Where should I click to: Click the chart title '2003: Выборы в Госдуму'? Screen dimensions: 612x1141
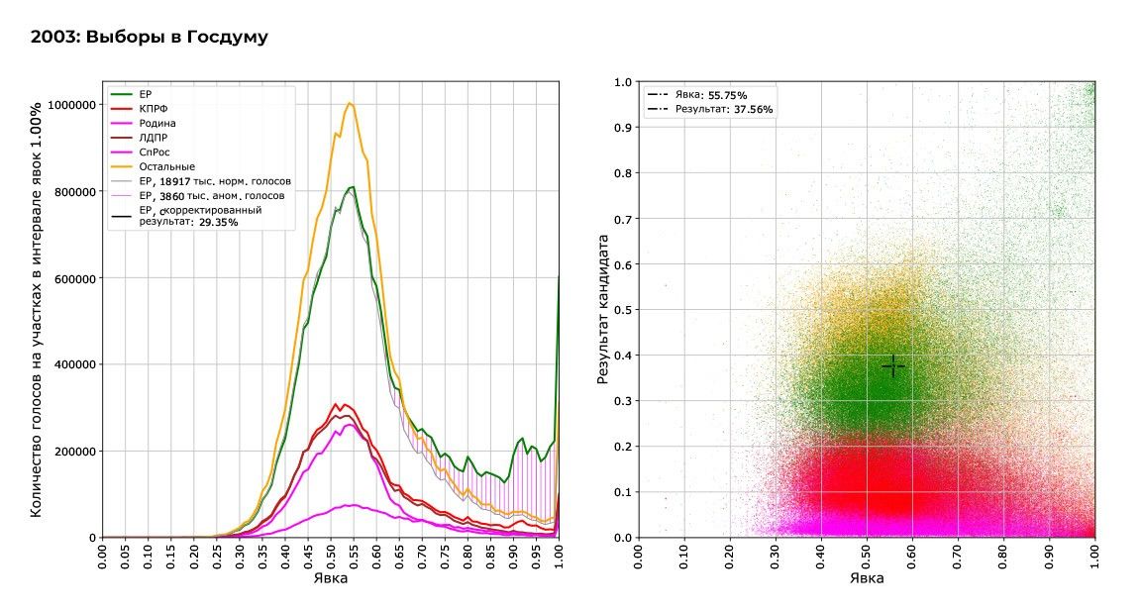point(150,38)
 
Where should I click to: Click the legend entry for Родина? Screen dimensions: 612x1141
point(158,124)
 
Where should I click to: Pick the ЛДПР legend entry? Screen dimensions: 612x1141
point(155,138)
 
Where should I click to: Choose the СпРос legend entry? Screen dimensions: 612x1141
point(156,153)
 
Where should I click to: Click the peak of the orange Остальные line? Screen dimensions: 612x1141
point(349,103)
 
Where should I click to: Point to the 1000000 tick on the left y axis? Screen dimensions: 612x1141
point(69,105)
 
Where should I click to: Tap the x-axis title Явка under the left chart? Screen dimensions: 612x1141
point(329,579)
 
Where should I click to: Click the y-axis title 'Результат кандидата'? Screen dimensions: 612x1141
point(601,310)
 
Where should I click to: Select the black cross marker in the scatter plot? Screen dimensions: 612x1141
point(892,366)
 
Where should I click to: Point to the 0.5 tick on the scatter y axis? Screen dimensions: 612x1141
point(622,310)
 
